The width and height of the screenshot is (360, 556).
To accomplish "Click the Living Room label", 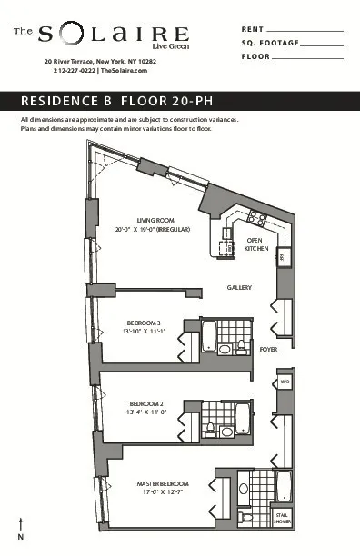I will (x=155, y=220).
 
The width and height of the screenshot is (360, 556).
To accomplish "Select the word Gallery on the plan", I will (x=239, y=287).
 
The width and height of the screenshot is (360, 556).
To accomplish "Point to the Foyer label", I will (x=268, y=348).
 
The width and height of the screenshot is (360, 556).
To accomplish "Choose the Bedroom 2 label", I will (x=146, y=403).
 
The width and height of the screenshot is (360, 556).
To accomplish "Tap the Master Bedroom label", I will (x=163, y=482).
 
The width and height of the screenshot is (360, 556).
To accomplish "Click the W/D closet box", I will (x=284, y=382).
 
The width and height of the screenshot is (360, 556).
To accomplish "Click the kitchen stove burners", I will (x=255, y=218).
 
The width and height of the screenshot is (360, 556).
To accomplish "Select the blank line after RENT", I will (x=308, y=31).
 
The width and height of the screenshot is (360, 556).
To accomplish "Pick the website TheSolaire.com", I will (x=124, y=70).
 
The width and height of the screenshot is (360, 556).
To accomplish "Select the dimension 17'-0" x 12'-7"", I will (x=163, y=491).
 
